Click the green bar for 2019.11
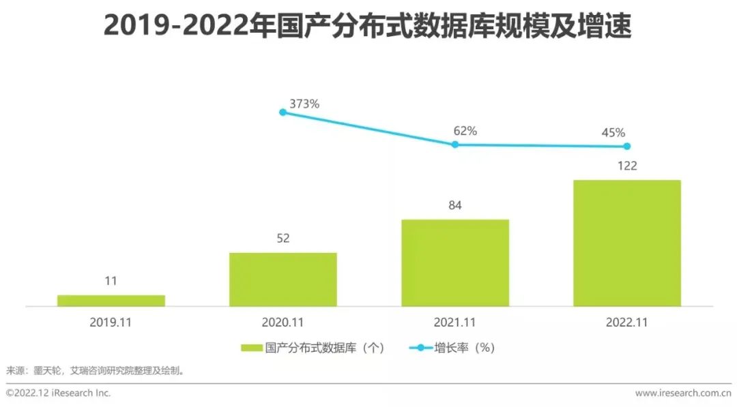click(x=111, y=301)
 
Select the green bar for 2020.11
click(x=283, y=280)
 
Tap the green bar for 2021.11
click(x=454, y=263)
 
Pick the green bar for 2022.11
click(x=626, y=243)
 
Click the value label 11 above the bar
click(x=111, y=281)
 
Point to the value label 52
click(x=283, y=239)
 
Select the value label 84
click(x=455, y=205)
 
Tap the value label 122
click(x=626, y=166)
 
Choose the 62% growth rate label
click(x=465, y=131)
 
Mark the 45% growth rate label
click(x=613, y=133)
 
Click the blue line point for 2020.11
click(x=283, y=112)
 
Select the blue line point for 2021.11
click(x=454, y=144)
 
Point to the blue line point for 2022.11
click(x=626, y=146)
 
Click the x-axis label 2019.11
click(x=111, y=322)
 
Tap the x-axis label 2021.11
click(x=454, y=322)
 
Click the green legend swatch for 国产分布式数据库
click(x=252, y=348)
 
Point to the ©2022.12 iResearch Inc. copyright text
click(x=59, y=393)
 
